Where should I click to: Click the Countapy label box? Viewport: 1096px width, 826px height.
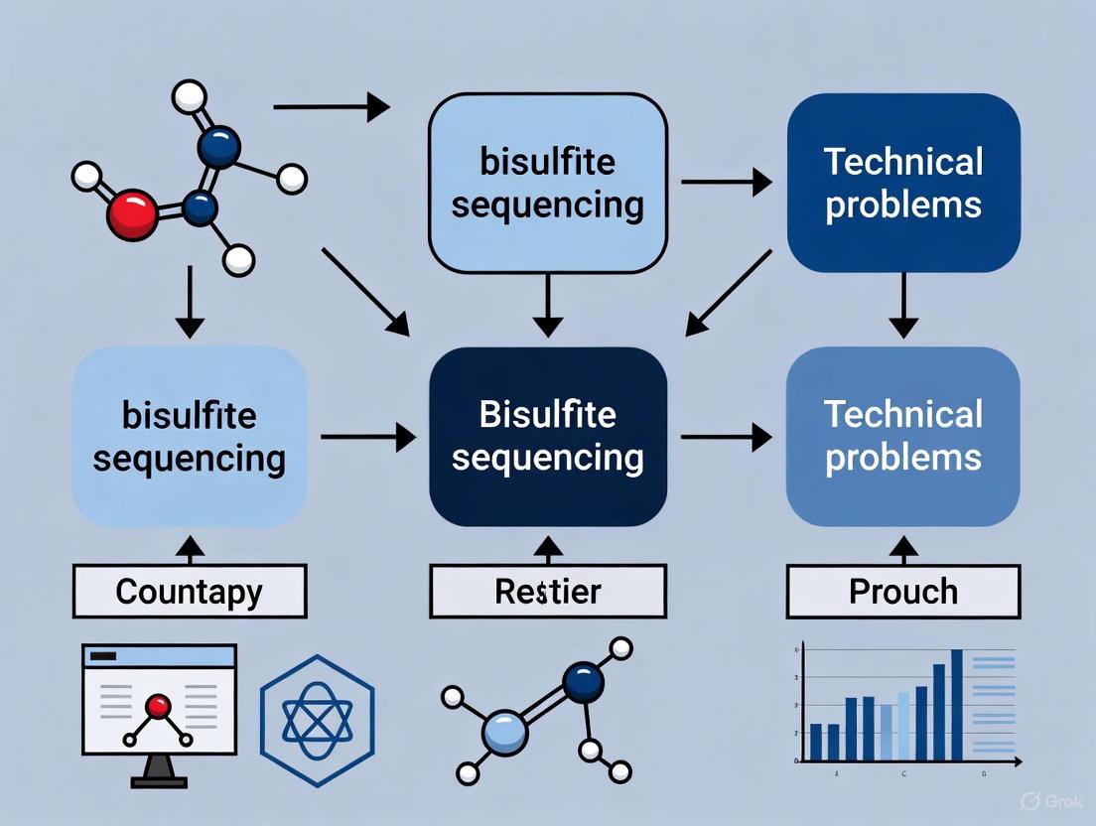coord(190,592)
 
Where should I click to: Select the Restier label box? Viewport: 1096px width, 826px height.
coord(547,592)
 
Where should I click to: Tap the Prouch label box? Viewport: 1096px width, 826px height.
coord(903,592)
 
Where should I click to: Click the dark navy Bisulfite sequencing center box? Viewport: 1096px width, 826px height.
coord(547,436)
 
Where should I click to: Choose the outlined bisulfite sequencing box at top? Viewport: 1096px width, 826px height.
coord(547,183)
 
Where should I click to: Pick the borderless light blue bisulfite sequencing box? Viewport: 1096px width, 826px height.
coord(190,436)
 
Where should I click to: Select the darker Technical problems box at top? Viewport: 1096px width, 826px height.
coord(903,183)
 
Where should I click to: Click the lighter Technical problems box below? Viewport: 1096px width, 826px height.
coord(903,436)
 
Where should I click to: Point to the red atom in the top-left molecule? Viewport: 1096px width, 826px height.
coord(131,214)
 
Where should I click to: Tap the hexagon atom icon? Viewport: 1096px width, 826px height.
coord(317,715)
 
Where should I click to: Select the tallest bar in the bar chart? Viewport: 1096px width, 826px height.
coord(957,705)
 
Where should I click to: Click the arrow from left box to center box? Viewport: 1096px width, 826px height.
coord(367,436)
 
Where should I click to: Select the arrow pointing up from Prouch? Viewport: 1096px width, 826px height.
coord(903,548)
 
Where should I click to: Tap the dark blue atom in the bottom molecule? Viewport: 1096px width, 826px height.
coord(583,682)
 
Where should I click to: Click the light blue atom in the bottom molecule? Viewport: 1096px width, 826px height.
coord(504,733)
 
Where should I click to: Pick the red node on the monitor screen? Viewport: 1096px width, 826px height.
coord(158,706)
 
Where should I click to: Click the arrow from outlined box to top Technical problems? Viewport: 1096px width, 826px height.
coord(726,182)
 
